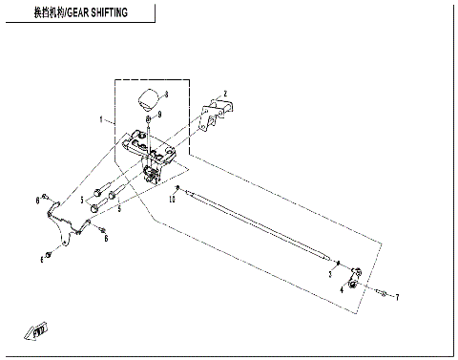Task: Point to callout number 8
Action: [165, 93]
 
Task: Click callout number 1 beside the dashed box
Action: [100, 120]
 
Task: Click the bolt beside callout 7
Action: [382, 292]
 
